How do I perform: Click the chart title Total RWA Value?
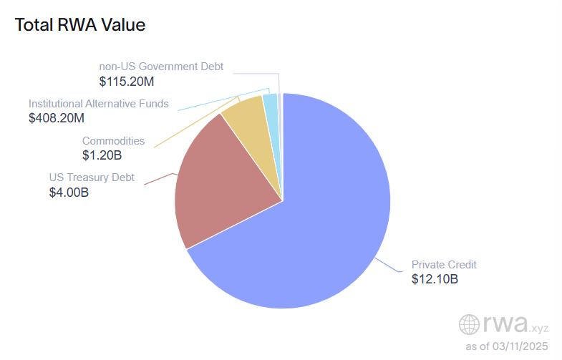[x=79, y=25]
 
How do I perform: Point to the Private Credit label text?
[x=444, y=264]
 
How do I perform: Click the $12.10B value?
[x=435, y=278]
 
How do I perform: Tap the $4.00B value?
[x=69, y=192]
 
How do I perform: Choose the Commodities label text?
[x=113, y=141]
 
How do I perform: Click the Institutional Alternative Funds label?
[x=99, y=104]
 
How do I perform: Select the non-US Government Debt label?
[x=161, y=67]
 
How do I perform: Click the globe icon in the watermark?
[x=470, y=325]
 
